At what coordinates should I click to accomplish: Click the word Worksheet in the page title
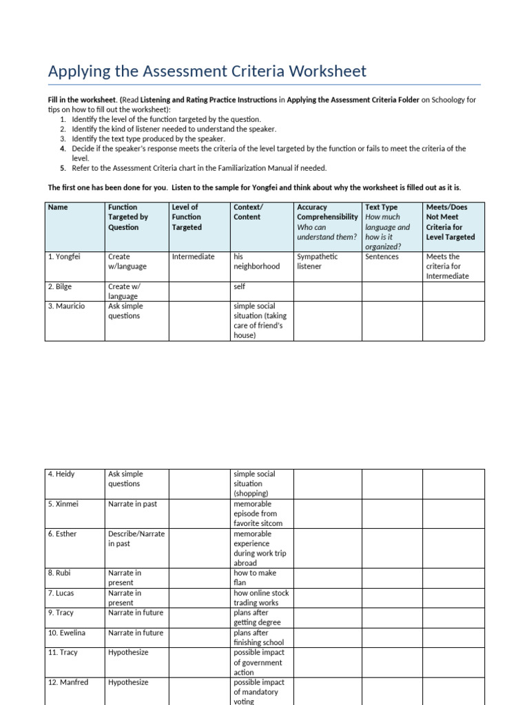coord(326,71)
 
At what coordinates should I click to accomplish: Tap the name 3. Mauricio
coord(67,306)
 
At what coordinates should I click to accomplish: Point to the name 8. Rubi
coord(59,573)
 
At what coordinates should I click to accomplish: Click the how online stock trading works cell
coord(261,598)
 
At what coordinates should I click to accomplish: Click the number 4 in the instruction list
coord(62,148)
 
